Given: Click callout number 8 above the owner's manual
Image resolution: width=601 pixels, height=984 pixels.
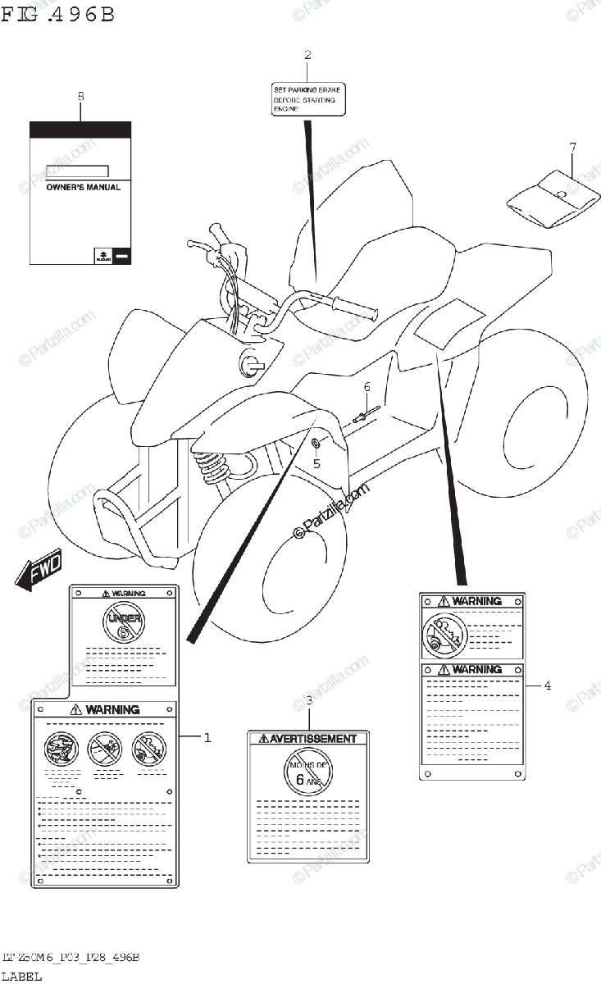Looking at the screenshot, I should tap(80, 97).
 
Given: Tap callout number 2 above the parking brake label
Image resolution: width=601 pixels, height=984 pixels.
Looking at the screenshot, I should tap(307, 56).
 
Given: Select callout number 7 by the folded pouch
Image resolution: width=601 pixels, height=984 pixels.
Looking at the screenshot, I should tap(573, 147).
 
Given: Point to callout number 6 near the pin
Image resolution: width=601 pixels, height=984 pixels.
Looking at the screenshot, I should tap(367, 386).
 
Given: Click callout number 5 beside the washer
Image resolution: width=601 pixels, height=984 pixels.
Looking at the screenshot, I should tap(316, 462).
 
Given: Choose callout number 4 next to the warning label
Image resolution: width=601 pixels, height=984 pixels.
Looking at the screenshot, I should tap(547, 686).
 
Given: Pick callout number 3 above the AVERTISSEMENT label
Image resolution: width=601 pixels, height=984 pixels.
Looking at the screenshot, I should tap(308, 700).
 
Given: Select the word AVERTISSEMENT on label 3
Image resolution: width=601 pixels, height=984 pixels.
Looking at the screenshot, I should tap(308, 739).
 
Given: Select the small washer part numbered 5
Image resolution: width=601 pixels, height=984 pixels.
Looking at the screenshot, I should tap(316, 444).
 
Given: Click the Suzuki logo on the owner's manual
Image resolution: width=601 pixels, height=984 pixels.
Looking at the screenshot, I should tap(102, 256).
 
